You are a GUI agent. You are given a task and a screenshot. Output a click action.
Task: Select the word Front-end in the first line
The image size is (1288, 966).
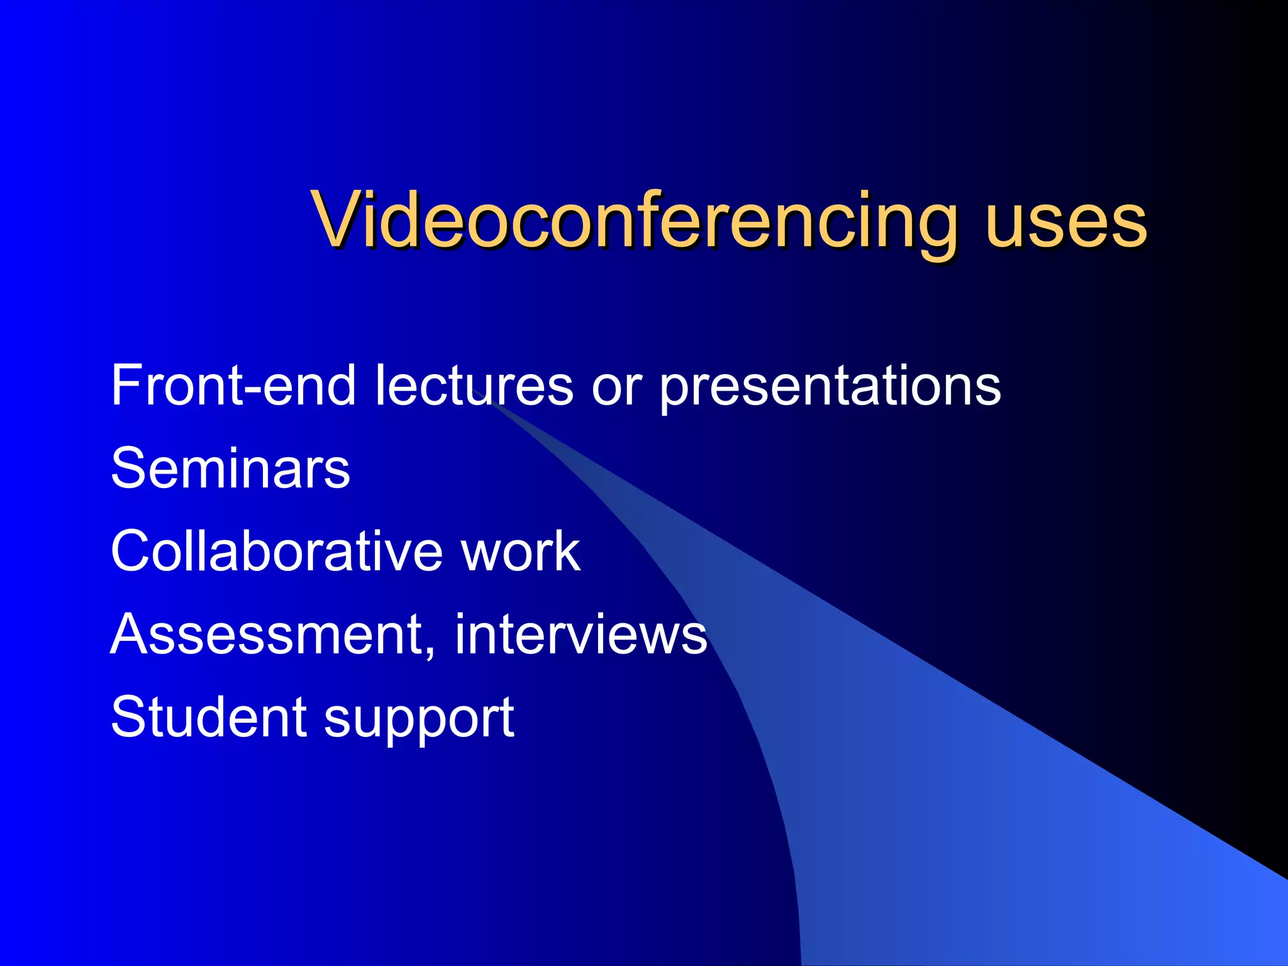click(233, 385)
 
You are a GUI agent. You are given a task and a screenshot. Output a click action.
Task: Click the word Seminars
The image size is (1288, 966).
click(230, 468)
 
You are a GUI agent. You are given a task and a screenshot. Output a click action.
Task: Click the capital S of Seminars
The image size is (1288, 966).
click(128, 468)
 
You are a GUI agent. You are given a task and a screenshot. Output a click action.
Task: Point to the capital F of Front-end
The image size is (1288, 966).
click(126, 385)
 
